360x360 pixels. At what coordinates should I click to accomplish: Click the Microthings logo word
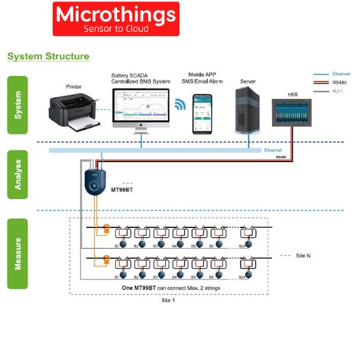(116, 14)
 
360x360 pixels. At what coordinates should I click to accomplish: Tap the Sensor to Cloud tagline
(116, 29)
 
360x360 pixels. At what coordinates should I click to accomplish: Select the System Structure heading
(48, 57)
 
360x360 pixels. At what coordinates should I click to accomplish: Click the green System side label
(17, 104)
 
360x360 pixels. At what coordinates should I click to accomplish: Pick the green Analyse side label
(17, 175)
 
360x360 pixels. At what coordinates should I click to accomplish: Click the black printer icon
(73, 108)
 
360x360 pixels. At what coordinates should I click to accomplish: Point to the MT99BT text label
(124, 188)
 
